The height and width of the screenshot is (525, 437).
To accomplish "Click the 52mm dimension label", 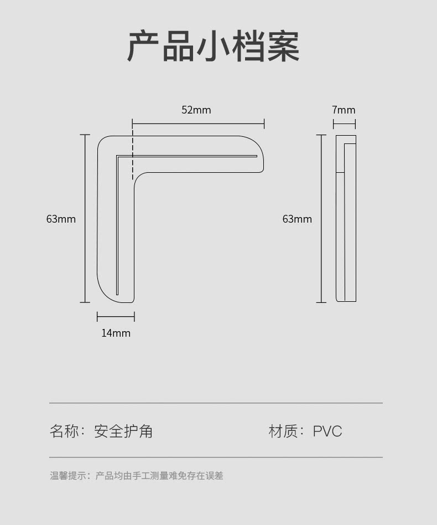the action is [196, 110].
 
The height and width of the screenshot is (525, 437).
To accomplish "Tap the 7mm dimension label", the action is [344, 110].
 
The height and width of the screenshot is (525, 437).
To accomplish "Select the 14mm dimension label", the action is [116, 333].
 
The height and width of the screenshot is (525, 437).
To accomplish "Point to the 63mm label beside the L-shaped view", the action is [61, 219].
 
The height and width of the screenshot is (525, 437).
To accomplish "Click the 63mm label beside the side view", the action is [297, 219].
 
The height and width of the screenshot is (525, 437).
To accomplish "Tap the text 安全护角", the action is [123, 431].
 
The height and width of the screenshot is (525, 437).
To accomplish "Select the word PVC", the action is [327, 431].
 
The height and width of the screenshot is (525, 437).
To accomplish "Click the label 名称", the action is [65, 431].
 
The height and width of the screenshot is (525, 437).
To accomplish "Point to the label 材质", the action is [283, 431].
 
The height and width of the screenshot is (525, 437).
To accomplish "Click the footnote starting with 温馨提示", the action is [137, 476].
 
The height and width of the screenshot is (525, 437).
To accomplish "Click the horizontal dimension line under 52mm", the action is [198, 124].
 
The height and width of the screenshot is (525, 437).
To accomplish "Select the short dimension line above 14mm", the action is [116, 316].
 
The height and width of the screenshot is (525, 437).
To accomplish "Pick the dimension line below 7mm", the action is [345, 125].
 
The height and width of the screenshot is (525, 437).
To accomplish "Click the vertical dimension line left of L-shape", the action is [85, 218].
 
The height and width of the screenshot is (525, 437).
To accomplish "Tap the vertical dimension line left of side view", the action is [321, 219].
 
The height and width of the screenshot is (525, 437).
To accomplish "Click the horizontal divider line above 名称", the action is [216, 403].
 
